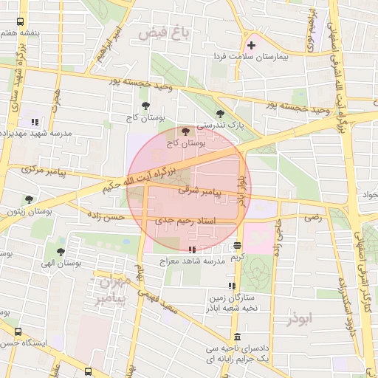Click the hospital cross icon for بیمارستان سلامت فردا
tap(252, 46)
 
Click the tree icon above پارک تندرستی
tap(220, 114)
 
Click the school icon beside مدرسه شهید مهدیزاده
tap(34, 122)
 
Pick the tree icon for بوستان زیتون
tap(29, 199)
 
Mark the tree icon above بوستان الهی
tap(61, 251)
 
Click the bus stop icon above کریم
tap(237, 246)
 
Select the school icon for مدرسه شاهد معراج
tap(192, 250)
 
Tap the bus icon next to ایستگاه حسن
tap(18, 332)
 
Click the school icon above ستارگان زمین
tap(232, 285)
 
